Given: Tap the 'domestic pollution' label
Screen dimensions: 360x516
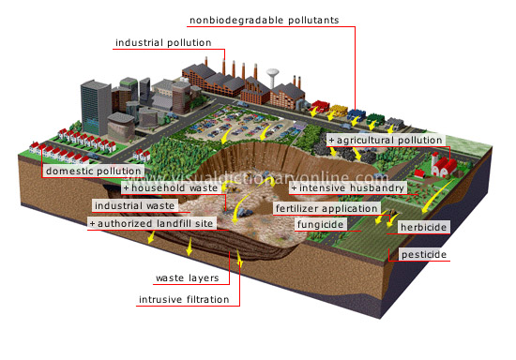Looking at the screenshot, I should (94, 172).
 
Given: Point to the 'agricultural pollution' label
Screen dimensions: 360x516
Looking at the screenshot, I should (388, 140).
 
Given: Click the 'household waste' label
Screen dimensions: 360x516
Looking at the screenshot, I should (175, 187).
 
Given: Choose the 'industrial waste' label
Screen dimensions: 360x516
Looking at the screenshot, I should (133, 205).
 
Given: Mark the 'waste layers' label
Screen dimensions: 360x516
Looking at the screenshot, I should (188, 278).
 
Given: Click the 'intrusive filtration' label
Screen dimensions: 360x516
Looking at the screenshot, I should (184, 300).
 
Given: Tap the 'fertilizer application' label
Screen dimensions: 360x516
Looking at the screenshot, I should (326, 208).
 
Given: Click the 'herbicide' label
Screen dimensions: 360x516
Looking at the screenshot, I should (422, 227).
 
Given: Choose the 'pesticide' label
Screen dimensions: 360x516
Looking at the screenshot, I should (422, 255).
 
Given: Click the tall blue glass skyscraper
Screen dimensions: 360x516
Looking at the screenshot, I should (96, 103).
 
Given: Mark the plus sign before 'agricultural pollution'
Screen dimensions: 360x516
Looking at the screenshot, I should (331, 140).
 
